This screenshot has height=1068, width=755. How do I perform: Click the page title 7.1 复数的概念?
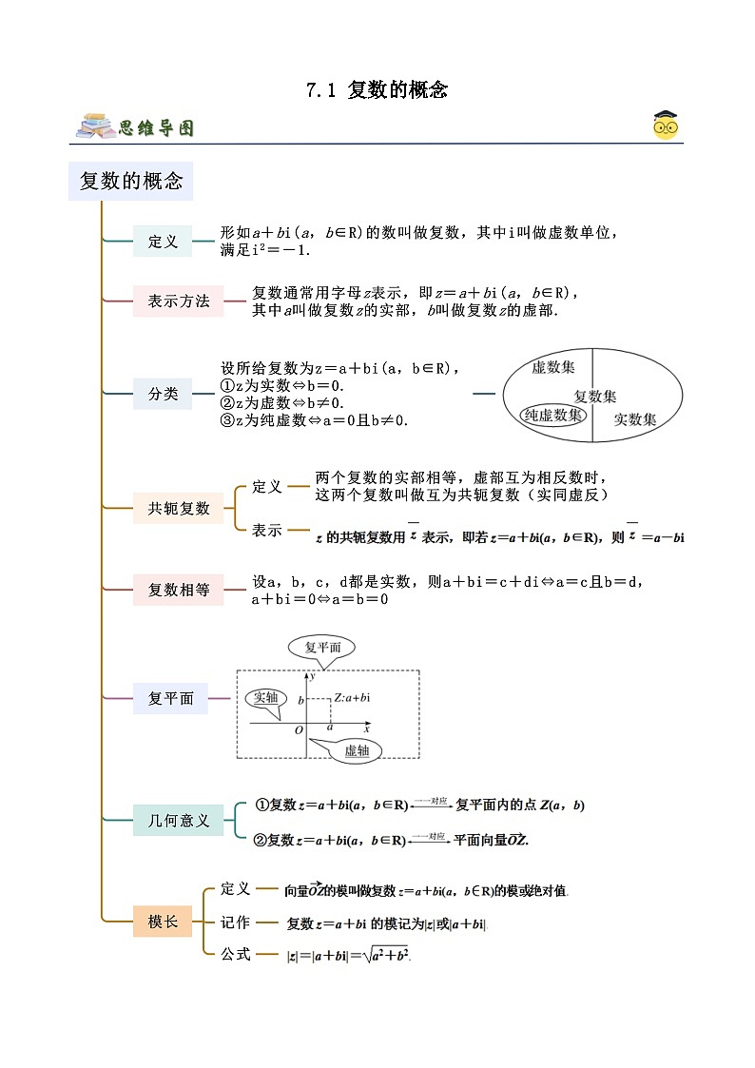tap(377, 90)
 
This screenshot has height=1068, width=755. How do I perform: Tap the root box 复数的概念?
tap(130, 181)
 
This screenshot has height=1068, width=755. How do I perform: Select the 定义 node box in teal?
tap(163, 242)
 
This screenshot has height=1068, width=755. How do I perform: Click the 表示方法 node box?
tap(178, 301)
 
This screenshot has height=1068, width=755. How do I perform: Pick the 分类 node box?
tap(163, 393)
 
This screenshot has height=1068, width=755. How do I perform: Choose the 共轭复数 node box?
tap(179, 508)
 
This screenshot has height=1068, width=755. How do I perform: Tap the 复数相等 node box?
tap(179, 590)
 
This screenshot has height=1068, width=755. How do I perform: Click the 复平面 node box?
tap(170, 699)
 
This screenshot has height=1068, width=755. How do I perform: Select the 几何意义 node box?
tap(178, 820)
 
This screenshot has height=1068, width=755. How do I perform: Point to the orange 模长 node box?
tap(163, 921)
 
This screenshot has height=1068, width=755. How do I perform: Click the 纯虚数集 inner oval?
tap(554, 415)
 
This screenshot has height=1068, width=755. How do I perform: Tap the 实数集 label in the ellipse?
tap(634, 418)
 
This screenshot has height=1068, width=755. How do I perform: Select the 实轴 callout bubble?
tap(265, 697)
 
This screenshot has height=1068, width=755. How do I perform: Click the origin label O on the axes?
tap(299, 730)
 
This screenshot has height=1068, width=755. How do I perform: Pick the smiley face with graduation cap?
tap(666, 126)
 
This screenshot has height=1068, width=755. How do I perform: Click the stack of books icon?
tap(96, 126)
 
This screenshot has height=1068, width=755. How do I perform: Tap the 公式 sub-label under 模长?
tap(235, 953)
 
